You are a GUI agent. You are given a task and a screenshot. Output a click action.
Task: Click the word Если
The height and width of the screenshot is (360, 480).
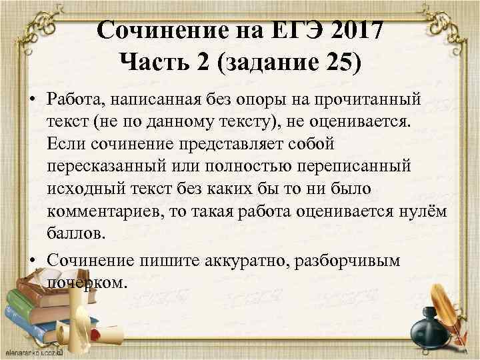[65, 144]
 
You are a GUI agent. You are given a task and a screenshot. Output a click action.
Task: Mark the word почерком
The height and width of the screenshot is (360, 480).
[85, 283]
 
